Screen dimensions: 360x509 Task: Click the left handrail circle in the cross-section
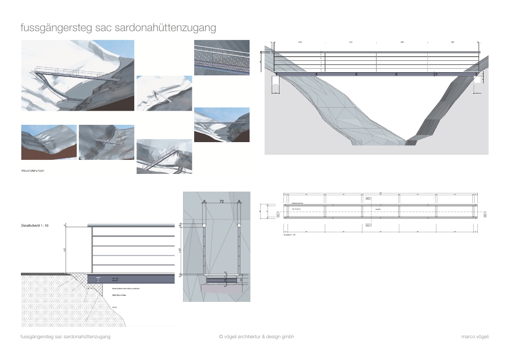(x=204, y=225)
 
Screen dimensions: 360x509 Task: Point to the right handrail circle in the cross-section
(x=239, y=225)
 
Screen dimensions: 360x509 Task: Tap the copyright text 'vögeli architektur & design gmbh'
(x=259, y=337)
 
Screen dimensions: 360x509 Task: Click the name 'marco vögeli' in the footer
(x=475, y=337)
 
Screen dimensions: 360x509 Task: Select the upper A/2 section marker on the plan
(x=368, y=198)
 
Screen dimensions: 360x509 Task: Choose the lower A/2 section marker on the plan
(x=368, y=225)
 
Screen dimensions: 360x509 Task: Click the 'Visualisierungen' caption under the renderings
(x=33, y=171)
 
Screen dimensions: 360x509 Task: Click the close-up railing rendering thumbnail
(x=222, y=58)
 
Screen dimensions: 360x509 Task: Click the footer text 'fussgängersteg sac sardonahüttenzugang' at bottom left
(x=66, y=337)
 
